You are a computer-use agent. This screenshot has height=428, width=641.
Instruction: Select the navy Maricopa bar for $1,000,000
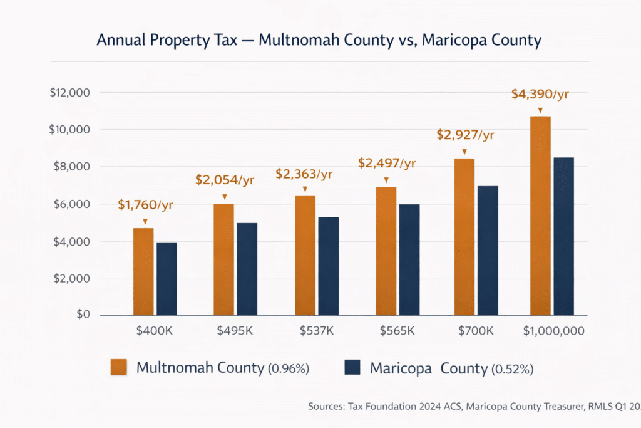[563, 236]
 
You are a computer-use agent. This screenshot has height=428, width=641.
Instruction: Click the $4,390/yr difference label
[540, 94]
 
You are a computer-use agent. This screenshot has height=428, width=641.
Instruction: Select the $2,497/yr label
[387, 163]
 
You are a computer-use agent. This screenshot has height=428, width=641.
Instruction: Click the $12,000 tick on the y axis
[69, 93]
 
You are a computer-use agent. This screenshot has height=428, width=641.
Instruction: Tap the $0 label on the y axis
[83, 315]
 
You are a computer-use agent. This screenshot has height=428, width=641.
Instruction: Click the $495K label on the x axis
[235, 331]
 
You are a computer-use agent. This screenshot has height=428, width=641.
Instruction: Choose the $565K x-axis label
[397, 331]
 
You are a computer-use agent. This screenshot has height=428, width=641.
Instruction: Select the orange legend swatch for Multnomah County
[119, 367]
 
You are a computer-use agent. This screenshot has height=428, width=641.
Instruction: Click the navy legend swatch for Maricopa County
[354, 367]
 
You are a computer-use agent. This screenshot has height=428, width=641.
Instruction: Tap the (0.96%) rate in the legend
[289, 369]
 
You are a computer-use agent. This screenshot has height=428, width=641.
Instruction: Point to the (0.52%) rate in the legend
[512, 369]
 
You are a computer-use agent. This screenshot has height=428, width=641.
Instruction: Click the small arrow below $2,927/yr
[464, 152]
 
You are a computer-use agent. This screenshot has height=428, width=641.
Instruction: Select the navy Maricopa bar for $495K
[247, 269]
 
